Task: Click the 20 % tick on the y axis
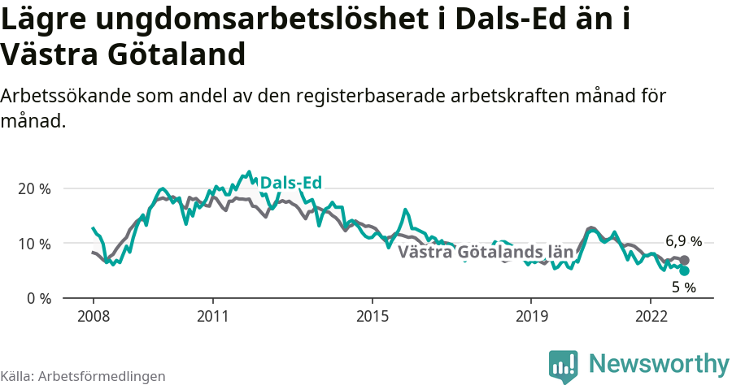click(34, 188)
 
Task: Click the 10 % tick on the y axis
click(34, 244)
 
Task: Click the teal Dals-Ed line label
click(290, 184)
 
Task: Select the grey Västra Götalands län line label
click(486, 252)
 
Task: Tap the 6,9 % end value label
click(683, 241)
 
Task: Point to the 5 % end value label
click(683, 287)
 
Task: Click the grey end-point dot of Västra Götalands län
click(684, 260)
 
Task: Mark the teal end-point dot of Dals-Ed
click(684, 270)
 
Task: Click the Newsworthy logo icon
click(563, 366)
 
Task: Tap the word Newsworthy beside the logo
click(659, 363)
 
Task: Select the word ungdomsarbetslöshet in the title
click(232, 20)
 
